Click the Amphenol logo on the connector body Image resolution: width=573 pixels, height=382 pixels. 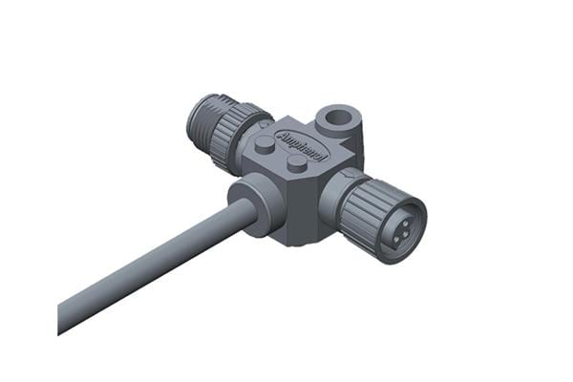click(301, 145)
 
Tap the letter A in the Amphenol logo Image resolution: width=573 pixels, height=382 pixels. click(283, 138)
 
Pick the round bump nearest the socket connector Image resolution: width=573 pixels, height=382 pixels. click(298, 163)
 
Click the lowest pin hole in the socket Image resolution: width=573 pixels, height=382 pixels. click(395, 240)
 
